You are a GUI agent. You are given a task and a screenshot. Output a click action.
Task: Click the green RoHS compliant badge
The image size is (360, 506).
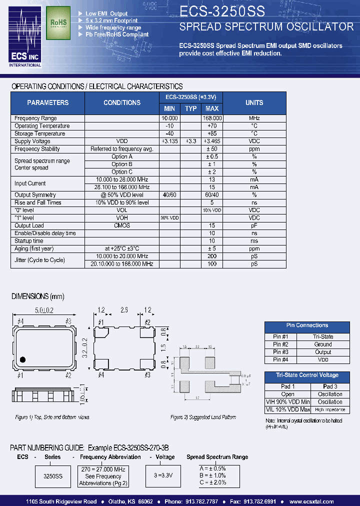[57, 23]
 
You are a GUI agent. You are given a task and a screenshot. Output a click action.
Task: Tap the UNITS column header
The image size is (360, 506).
[254, 102]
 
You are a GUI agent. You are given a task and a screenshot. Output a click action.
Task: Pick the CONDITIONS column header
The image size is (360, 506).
[122, 102]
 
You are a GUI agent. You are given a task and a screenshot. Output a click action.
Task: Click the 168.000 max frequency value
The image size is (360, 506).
[212, 118]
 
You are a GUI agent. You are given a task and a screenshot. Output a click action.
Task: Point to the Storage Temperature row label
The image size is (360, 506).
[40, 133]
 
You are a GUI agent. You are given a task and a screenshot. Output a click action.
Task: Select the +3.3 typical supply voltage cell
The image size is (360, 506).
[190, 141]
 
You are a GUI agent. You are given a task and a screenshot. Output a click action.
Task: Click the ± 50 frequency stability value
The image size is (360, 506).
[212, 149]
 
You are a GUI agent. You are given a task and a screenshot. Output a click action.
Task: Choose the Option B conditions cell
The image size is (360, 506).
[122, 164]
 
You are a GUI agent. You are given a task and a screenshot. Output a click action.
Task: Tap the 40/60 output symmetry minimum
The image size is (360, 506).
[169, 195]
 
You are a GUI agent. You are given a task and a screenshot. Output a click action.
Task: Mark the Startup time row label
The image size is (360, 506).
[29, 241]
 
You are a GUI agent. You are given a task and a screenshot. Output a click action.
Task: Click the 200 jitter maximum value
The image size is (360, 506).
[212, 256]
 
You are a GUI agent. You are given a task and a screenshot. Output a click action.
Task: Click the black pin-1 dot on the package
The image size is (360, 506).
[22, 359]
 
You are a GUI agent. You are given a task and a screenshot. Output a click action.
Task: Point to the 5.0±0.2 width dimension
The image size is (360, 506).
[44, 311]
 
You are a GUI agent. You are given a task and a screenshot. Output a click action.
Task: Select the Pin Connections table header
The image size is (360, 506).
[307, 325]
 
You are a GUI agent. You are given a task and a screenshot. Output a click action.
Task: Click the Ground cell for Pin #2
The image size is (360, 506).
[323, 344]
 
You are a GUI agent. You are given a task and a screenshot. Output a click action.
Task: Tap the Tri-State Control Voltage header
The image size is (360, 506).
[307, 375]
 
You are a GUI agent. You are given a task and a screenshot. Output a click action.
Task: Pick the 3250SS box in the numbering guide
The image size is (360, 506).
[52, 476]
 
